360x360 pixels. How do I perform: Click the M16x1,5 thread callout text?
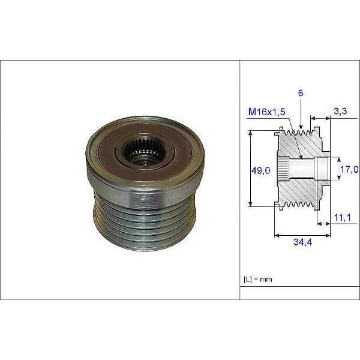point(268,113)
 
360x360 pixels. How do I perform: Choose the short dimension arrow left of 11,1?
point(322,224)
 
